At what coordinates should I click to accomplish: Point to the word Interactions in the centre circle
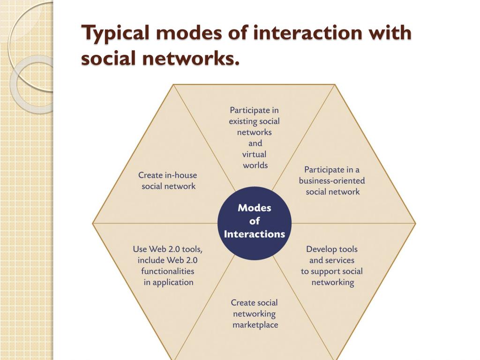pos(255,234)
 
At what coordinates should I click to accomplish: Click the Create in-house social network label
pos(168,180)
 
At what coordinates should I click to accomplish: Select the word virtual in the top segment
pos(254,154)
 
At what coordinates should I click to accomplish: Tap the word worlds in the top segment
pos(255,165)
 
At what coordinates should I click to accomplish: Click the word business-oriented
pos(332,180)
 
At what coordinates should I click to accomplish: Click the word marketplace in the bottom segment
pos(255,324)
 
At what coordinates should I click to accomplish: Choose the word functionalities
pos(167,271)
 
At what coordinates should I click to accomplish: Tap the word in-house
pos(180,175)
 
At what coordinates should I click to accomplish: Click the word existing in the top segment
pos(243,121)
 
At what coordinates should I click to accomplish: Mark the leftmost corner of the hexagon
pos(93,223)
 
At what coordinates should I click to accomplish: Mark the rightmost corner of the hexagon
pos(415,223)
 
